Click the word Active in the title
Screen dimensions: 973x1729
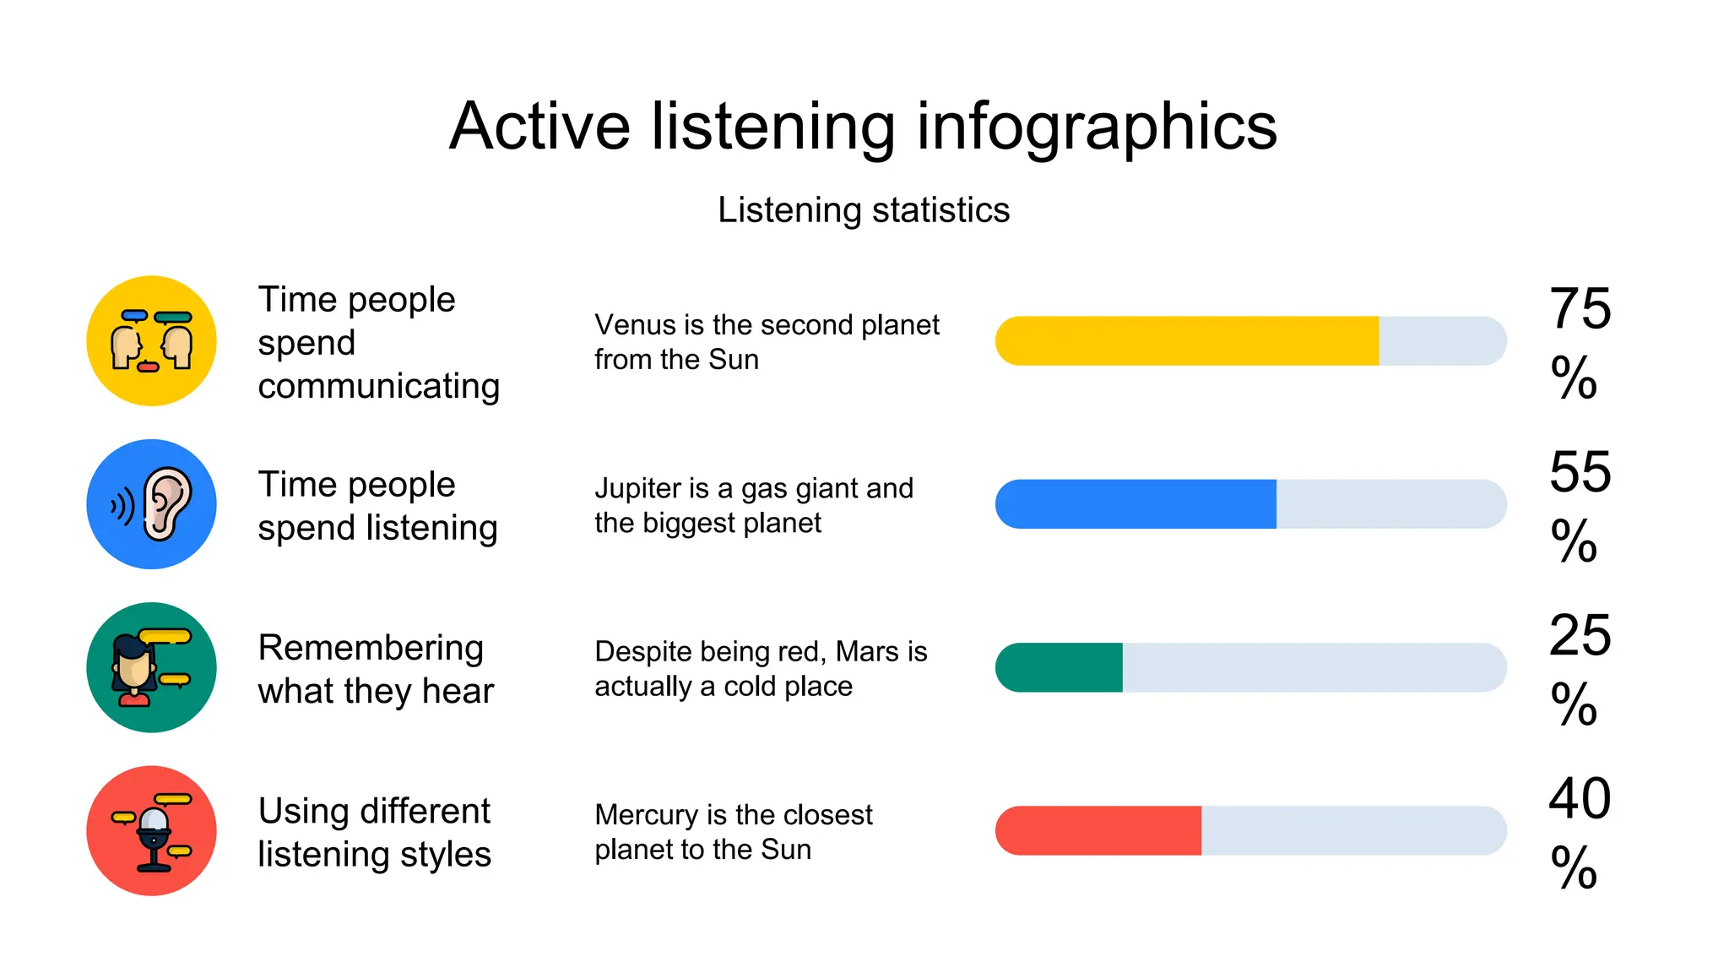[539, 127]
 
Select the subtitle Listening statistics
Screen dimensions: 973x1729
[863, 210]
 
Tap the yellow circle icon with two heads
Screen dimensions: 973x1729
[152, 341]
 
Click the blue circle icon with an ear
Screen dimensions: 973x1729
[152, 504]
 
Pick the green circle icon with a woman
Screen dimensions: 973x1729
[152, 667]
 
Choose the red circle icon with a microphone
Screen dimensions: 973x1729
[152, 831]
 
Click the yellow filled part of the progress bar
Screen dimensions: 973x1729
[1186, 341]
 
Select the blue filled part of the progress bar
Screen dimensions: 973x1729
[1136, 504]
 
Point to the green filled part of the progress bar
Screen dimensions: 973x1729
[1060, 667]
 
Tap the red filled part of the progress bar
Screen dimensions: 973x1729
[1098, 831]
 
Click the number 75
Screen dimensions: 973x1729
[1580, 309]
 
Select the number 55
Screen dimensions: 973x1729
[1580, 472]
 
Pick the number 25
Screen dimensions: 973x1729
[1580, 635]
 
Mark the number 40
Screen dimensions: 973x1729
[1580, 798]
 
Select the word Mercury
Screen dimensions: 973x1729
[647, 815]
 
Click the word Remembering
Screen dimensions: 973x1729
[371, 649]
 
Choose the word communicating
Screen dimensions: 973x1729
[378, 387]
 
